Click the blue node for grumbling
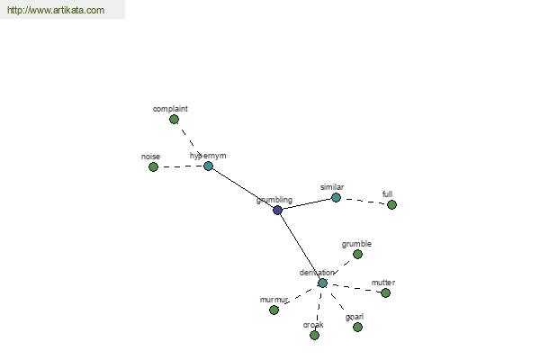(277, 210)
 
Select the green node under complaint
(175, 120)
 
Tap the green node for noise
(153, 167)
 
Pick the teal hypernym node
(208, 166)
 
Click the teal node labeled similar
(336, 198)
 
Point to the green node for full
(391, 205)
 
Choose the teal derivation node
(322, 283)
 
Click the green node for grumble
(358, 255)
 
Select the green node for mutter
(386, 293)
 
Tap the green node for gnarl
(358, 327)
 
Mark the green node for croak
(314, 335)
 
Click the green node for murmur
(274, 310)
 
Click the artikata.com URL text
(56, 10)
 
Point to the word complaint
(170, 109)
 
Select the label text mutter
(383, 283)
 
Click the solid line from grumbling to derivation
(300, 247)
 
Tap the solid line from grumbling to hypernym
(243, 188)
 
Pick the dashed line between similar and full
(364, 202)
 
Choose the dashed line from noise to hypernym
(181, 166)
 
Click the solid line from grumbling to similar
(307, 204)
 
